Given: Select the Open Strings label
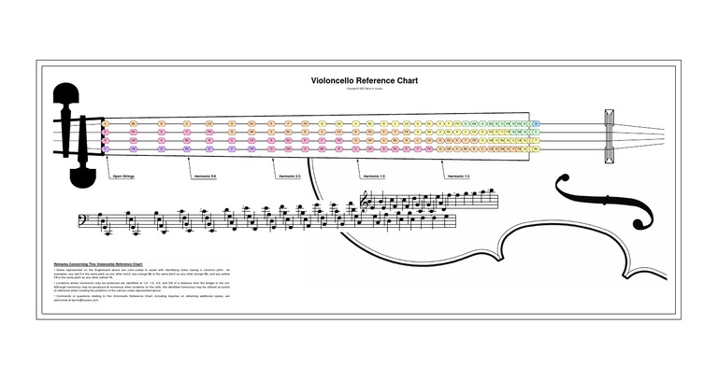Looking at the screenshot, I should pyautogui.click(x=122, y=175).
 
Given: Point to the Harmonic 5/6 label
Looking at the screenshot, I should pyautogui.click(x=205, y=175).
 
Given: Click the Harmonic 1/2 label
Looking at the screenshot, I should pyautogui.click(x=374, y=175).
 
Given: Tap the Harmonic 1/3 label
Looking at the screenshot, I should pyautogui.click(x=458, y=175).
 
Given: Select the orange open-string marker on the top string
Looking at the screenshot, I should pyautogui.click(x=106, y=123).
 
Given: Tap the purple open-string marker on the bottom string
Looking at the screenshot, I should pyautogui.click(x=106, y=149).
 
